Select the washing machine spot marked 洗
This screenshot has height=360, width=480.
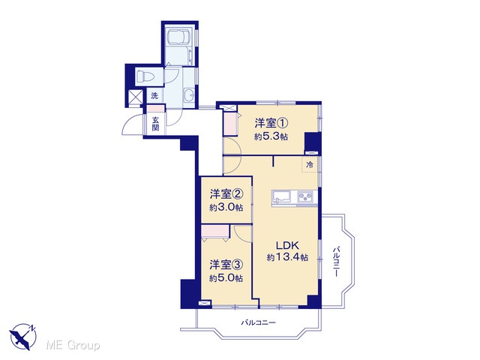coord(154,95)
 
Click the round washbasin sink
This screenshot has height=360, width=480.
coord(189,95)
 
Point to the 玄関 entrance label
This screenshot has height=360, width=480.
coord(155,123)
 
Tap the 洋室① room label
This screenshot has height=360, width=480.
coord(271,123)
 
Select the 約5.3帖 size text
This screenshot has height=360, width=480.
coord(271,136)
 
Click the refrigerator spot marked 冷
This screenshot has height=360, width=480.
coord(310,165)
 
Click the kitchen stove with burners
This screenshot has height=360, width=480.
coord(305,196)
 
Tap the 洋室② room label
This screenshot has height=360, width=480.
coord(226,194)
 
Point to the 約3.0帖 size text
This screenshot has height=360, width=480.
coord(226,208)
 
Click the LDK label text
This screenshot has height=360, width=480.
coord(287,245)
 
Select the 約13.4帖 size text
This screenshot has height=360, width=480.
coord(287,257)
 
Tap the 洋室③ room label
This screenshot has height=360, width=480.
coord(226,265)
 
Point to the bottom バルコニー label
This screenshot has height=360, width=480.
coord(259,322)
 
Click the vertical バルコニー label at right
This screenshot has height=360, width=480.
coord(336,261)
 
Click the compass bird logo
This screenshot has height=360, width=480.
coord(23,337)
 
